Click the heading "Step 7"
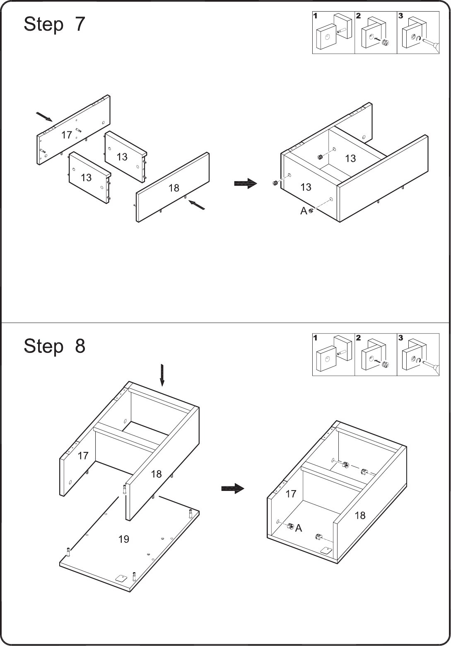[x=54, y=24]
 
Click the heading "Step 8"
[x=54, y=346]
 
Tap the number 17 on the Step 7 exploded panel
[x=67, y=135]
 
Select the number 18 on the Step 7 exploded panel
[x=174, y=188]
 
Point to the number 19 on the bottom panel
[x=124, y=539]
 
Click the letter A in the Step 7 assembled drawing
[x=304, y=211]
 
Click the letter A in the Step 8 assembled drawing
[x=299, y=528]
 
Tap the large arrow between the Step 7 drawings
[x=245, y=183]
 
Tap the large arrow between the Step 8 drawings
[x=233, y=488]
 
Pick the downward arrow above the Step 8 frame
[x=162, y=375]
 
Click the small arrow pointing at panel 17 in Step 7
[x=44, y=117]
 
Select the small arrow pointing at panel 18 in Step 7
[x=197, y=205]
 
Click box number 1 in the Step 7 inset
[x=333, y=33]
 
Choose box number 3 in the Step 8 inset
[x=418, y=355]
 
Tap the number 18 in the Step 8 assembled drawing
[x=360, y=515]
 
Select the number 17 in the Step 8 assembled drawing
[x=291, y=494]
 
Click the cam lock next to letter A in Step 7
[x=311, y=211]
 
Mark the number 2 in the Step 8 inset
[x=358, y=338]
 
